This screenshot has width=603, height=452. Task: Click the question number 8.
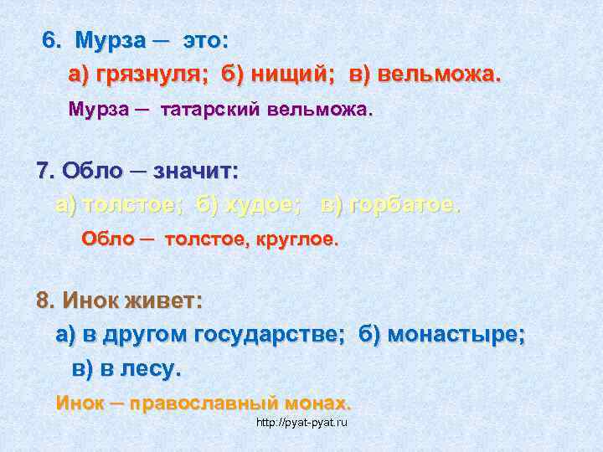[x=46, y=300]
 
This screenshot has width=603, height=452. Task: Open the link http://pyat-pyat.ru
[x=302, y=423]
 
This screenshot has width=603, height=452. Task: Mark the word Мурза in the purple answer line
[x=95, y=110]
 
